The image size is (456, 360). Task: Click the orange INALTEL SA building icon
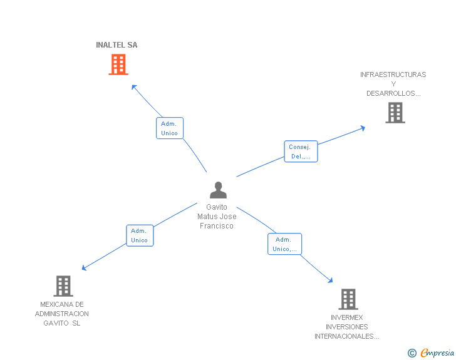pyautogui.click(x=118, y=64)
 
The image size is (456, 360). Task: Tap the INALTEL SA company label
pyautogui.click(x=117, y=45)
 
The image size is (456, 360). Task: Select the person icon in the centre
pyautogui.click(x=218, y=190)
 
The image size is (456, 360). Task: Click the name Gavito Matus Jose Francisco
pyautogui.click(x=217, y=217)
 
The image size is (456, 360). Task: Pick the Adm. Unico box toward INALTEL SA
pyautogui.click(x=170, y=128)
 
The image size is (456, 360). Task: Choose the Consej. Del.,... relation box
pyautogui.click(x=301, y=152)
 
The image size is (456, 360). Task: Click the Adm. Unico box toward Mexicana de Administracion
pyautogui.click(x=140, y=235)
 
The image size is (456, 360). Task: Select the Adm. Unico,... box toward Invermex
pyautogui.click(x=284, y=244)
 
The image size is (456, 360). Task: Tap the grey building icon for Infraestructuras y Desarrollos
pyautogui.click(x=395, y=113)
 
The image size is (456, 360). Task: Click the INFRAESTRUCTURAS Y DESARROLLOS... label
pyautogui.click(x=393, y=84)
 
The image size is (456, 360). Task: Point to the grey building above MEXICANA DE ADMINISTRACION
pyautogui.click(x=63, y=286)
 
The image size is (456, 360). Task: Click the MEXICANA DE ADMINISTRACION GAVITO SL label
pyautogui.click(x=61, y=314)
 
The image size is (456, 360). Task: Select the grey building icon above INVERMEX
pyautogui.click(x=348, y=299)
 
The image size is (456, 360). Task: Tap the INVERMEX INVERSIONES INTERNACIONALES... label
pyautogui.click(x=346, y=327)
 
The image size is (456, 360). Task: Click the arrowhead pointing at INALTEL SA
pyautogui.click(x=134, y=86)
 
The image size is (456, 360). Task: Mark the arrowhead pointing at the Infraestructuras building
pyautogui.click(x=363, y=128)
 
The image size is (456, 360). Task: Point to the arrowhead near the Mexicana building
pyautogui.click(x=84, y=268)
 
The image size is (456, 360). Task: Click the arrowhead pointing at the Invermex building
pyautogui.click(x=330, y=280)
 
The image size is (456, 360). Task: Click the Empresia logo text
pyautogui.click(x=437, y=352)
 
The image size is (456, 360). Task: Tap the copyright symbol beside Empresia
pyautogui.click(x=412, y=353)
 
